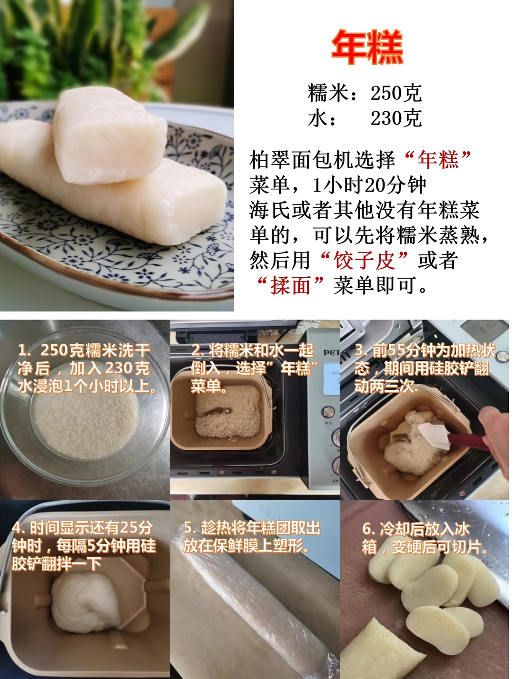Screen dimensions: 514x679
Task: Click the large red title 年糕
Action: (x=367, y=47)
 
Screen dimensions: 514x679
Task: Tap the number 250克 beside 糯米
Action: (x=396, y=93)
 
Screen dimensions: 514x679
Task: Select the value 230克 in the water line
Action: (x=396, y=118)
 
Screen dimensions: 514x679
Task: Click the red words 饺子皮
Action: (x=364, y=260)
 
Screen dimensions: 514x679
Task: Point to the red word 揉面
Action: (x=290, y=285)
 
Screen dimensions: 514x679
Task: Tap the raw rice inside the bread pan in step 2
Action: (x=228, y=411)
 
